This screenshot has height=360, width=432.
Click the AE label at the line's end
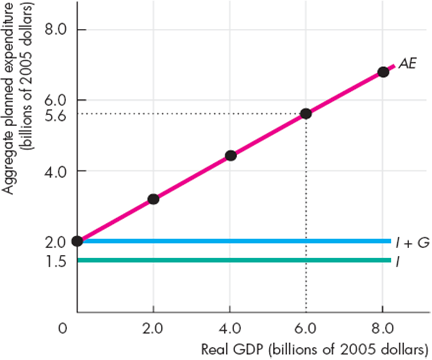tap(408, 63)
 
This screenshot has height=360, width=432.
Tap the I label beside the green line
tap(400, 261)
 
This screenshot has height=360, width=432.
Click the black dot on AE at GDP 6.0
tap(306, 113)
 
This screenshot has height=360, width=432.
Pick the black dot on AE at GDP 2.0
tap(153, 199)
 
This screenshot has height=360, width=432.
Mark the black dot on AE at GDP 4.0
tap(231, 155)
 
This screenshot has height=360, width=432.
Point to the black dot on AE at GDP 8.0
tap(383, 71)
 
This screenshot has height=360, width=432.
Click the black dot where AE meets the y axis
tap(77, 241)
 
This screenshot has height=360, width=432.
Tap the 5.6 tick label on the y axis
tap(55, 115)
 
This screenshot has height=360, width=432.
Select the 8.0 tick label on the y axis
tap(55, 29)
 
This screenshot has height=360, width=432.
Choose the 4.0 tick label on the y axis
tap(55, 171)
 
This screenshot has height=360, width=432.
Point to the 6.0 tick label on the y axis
tap(55, 100)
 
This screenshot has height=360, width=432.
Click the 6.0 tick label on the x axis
tap(306, 328)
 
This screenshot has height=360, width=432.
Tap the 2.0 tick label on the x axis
tap(153, 328)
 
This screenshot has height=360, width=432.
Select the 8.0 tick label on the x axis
tap(383, 328)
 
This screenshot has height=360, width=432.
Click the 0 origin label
tap(63, 328)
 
